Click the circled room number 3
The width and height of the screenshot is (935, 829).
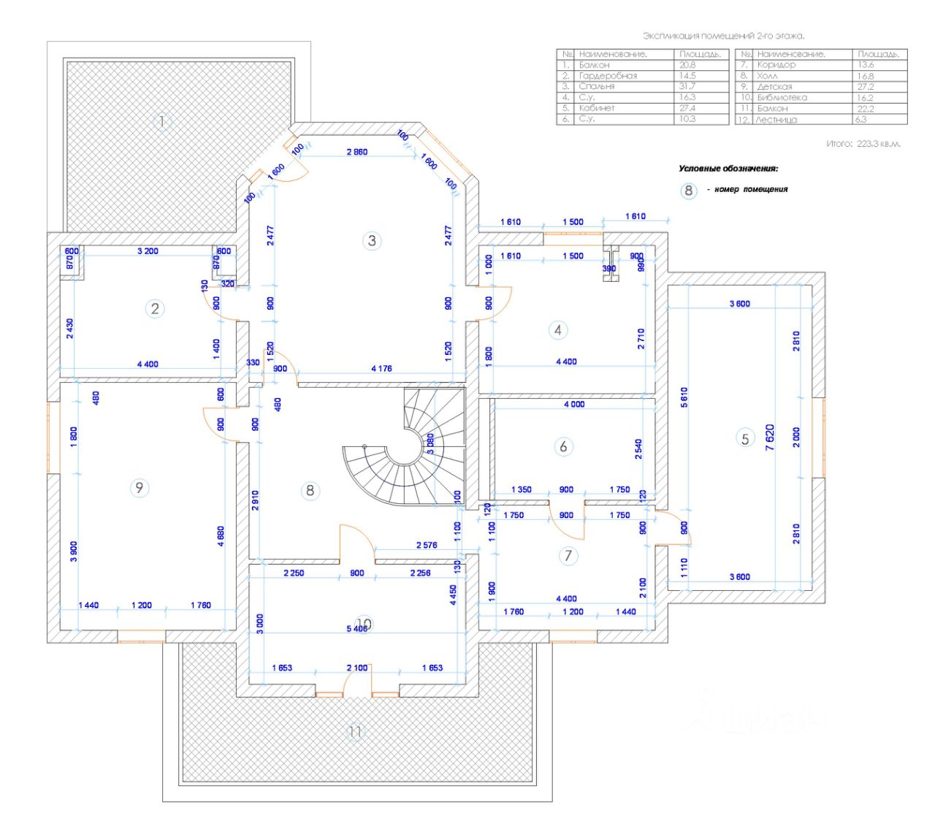(372, 240)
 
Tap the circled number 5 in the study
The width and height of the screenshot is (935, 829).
(745, 438)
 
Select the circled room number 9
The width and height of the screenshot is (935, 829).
(140, 488)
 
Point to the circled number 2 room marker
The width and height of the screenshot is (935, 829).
(154, 309)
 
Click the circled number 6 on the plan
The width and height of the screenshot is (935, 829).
(562, 446)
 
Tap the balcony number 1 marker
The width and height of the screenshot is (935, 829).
(162, 121)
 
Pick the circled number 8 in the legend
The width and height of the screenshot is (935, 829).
(688, 190)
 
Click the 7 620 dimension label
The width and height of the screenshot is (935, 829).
(770, 438)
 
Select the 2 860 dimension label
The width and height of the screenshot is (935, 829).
(356, 152)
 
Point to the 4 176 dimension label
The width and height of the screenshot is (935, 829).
(381, 369)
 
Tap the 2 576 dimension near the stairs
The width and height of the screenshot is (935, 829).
(427, 545)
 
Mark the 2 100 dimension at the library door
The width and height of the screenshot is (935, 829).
(357, 668)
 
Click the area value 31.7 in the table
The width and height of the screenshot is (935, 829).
(687, 86)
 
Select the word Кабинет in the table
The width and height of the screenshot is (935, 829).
(597, 108)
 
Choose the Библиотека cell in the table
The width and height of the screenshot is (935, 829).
(782, 97)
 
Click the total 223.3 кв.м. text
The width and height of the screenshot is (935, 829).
(863, 144)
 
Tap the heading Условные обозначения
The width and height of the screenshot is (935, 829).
(728, 169)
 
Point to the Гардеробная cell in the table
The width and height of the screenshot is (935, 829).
(608, 75)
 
